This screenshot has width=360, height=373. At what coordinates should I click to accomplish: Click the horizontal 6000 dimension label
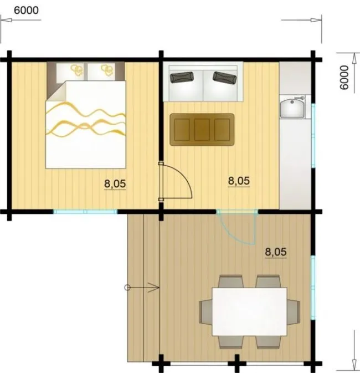coord(26,10)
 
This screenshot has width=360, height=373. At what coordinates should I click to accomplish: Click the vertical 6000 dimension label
coord(344,78)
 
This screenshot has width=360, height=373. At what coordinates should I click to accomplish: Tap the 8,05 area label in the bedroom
coord(115,184)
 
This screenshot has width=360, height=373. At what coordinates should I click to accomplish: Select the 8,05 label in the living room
coord(239,181)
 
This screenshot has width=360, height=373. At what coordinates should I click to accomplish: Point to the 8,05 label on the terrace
coord(276,252)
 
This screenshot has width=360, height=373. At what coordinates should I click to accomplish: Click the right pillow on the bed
coord(101,71)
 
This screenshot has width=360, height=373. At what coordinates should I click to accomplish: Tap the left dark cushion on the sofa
coord(182,77)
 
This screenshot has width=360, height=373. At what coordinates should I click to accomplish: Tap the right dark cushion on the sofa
coord(224,78)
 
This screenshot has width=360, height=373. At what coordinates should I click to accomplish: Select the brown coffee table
coord(202,130)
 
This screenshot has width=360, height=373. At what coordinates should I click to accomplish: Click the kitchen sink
coord(292,109)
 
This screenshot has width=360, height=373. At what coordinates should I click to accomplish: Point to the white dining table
coord(249,311)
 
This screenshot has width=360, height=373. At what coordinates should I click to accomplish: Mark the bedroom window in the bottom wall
coord(85,212)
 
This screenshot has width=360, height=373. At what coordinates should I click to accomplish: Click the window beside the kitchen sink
coord(313,136)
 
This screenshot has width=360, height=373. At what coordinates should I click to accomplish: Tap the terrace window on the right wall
coord(313,287)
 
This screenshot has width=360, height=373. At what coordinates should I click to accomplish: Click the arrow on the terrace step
coord(142,288)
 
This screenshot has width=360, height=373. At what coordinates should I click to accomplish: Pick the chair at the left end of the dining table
coord(205,311)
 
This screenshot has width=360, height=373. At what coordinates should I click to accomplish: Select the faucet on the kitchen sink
coord(300,98)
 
